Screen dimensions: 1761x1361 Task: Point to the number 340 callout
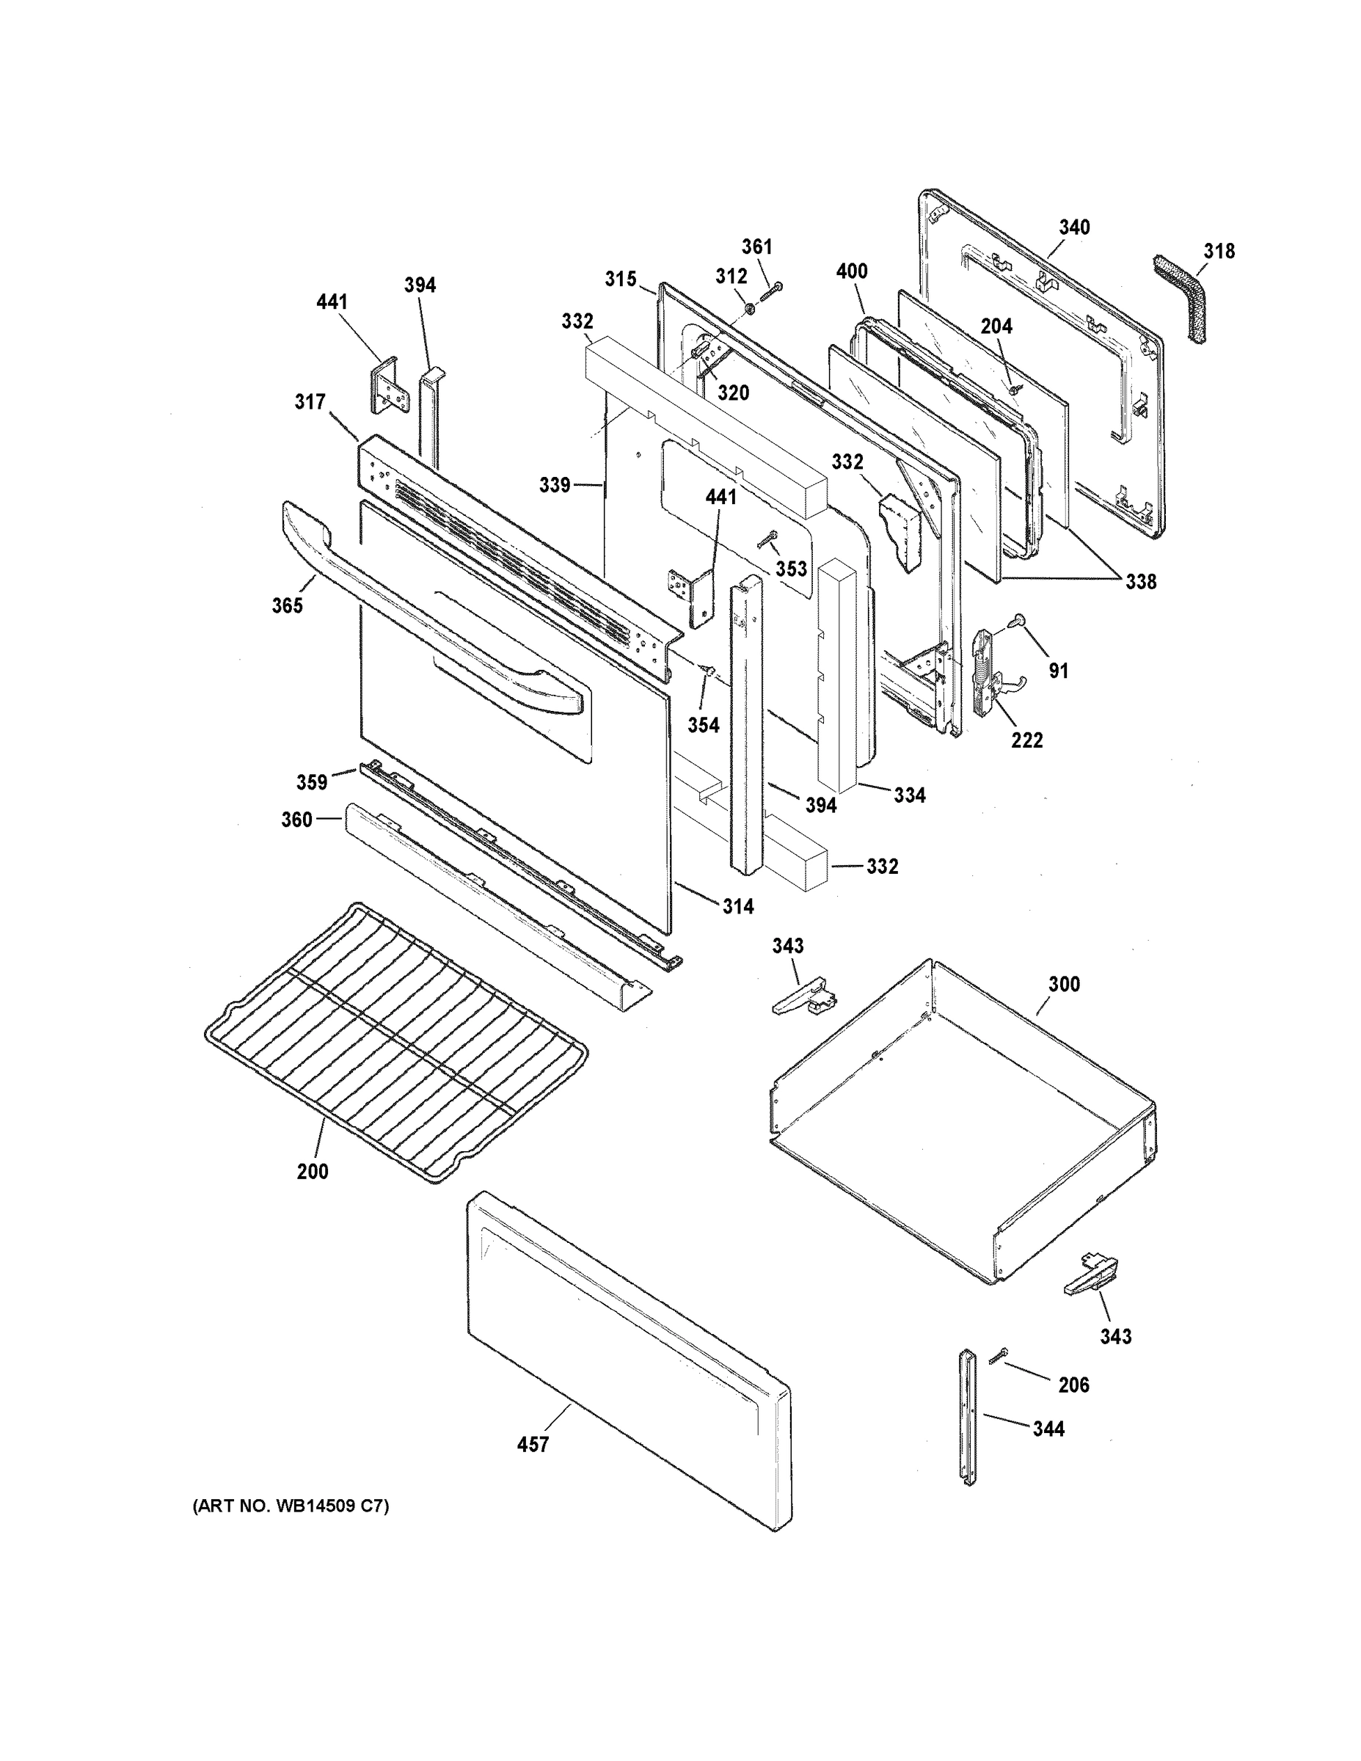coord(1074,227)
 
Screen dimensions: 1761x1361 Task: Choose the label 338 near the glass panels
coord(1140,581)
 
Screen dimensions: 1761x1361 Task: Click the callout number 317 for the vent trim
coord(310,401)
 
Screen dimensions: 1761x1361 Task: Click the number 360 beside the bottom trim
coord(296,819)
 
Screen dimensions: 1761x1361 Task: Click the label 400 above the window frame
coord(851,271)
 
